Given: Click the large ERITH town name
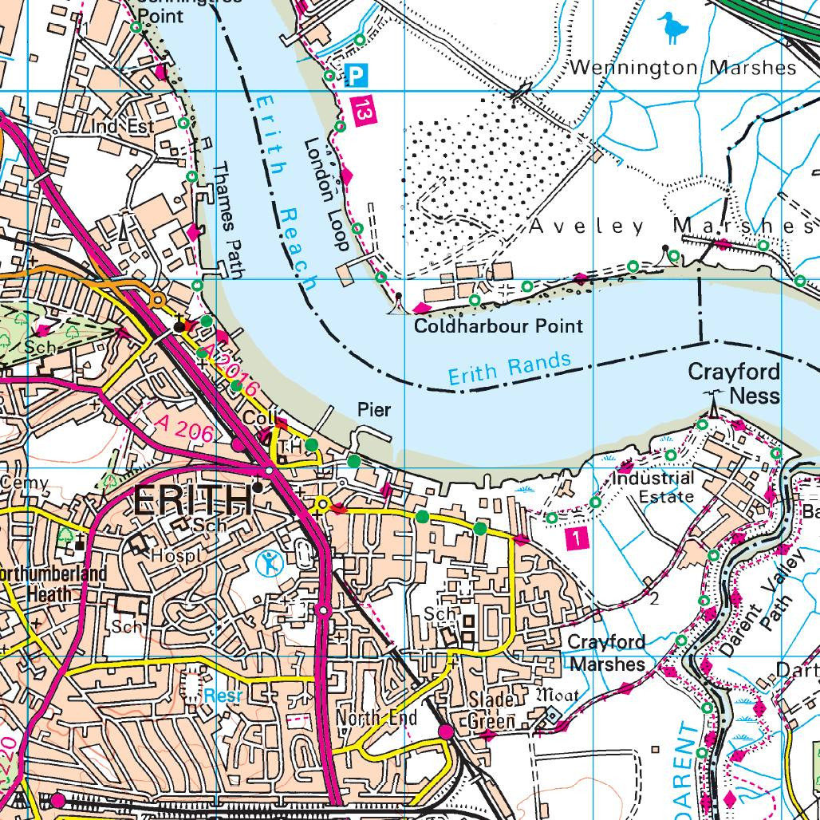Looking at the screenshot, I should click(x=191, y=500).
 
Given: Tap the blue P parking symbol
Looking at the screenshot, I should click(x=357, y=77).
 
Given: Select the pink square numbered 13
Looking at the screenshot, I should click(x=363, y=109).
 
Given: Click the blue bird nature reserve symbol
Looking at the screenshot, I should click(x=675, y=28).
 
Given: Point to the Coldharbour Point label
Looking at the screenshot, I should click(x=499, y=325).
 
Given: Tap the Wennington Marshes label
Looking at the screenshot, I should click(x=684, y=68).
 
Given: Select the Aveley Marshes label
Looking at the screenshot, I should click(x=662, y=227).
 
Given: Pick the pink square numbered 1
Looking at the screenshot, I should click(x=577, y=539).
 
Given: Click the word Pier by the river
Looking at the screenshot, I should click(x=374, y=409).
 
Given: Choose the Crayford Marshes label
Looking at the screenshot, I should click(x=606, y=652).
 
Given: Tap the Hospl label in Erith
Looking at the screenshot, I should click(x=172, y=554).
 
